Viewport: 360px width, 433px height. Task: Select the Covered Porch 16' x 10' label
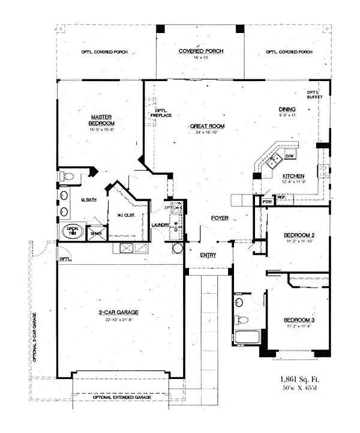[x=201, y=52]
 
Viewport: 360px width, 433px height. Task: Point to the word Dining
[x=287, y=109]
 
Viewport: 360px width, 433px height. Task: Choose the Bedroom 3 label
[x=299, y=320]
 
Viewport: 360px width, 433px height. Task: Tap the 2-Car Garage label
[x=119, y=312]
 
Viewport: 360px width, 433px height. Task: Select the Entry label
[x=208, y=255]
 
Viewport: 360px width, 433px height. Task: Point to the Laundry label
[x=160, y=225]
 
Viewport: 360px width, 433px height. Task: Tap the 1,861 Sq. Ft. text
[x=299, y=380]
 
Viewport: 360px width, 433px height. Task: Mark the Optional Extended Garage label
[x=122, y=398]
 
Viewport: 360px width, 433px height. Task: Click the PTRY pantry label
[x=267, y=202]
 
